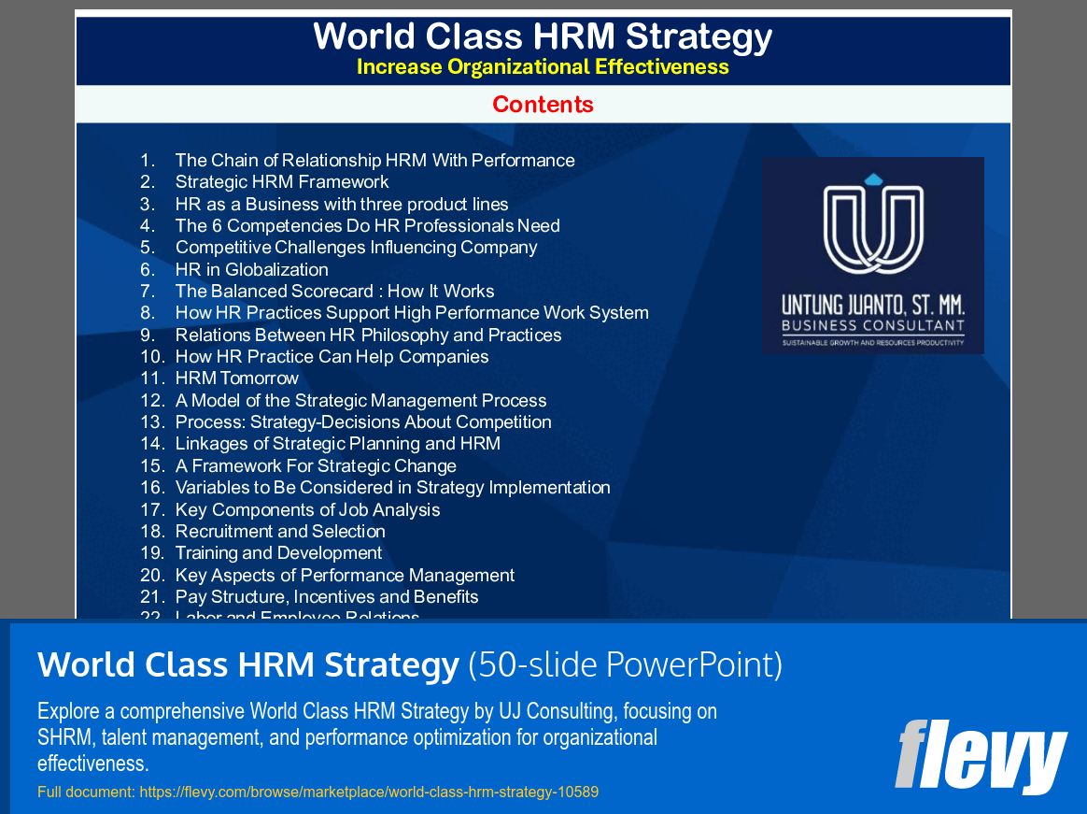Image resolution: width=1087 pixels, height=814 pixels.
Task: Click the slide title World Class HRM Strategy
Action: coord(543,37)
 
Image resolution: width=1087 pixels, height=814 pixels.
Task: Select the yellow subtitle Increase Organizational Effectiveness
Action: coord(543,67)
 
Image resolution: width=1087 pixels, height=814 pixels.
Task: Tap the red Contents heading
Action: coord(543,104)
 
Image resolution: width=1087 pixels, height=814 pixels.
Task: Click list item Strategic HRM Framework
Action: coord(282,182)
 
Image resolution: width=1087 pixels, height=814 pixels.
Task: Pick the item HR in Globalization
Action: coord(251,269)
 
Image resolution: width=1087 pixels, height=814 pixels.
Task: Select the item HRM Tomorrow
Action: coord(236,378)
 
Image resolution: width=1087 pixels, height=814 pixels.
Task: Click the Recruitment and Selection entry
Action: coord(280,531)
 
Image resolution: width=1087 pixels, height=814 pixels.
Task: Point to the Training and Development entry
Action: coord(278,553)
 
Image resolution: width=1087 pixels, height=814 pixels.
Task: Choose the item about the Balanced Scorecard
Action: coord(334,292)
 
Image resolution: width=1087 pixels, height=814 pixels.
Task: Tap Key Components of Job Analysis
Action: coord(307,509)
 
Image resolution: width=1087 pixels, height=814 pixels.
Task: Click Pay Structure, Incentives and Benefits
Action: coord(327,597)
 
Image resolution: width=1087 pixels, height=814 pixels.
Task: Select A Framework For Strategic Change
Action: coord(316,465)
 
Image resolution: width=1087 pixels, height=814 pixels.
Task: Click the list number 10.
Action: coord(152,357)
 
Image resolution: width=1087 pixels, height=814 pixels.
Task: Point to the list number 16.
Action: coord(152,488)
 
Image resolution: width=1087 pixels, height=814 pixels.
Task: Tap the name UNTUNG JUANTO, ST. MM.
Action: coord(872,306)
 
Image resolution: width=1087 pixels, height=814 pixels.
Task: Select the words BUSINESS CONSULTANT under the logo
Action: coord(872,326)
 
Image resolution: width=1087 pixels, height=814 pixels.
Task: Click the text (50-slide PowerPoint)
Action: coord(625,664)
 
